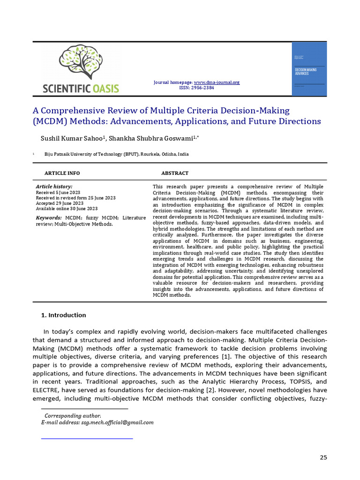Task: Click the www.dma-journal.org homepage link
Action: click(x=217, y=82)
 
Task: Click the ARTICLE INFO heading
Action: click(x=62, y=173)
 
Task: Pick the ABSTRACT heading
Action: click(x=175, y=173)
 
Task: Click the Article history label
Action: click(x=54, y=187)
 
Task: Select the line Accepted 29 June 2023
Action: click(x=60, y=203)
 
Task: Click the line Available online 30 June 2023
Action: click(x=67, y=209)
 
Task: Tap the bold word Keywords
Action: click(x=49, y=218)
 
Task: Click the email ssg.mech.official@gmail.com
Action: click(x=117, y=422)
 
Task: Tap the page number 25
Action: click(x=323, y=457)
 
